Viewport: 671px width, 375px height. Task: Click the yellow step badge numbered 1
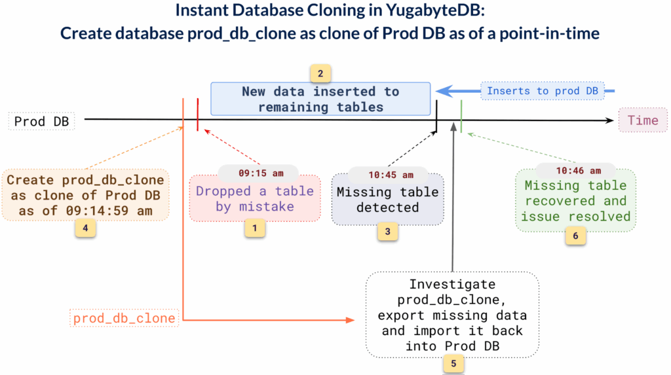tap(255, 228)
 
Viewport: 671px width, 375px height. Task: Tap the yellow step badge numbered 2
tap(320, 73)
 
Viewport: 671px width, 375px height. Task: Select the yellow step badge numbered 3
tap(387, 230)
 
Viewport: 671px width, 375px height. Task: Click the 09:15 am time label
tap(260, 174)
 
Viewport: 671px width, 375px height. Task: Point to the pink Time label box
tap(642, 120)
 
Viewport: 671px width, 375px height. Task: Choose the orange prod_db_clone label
tap(124, 319)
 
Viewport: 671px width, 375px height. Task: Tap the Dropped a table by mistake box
tap(255, 199)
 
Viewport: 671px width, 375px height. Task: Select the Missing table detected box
tap(387, 200)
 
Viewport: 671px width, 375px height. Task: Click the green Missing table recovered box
tap(575, 201)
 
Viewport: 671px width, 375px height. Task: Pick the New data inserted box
tap(320, 99)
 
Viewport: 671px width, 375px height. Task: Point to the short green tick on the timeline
tap(462, 117)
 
